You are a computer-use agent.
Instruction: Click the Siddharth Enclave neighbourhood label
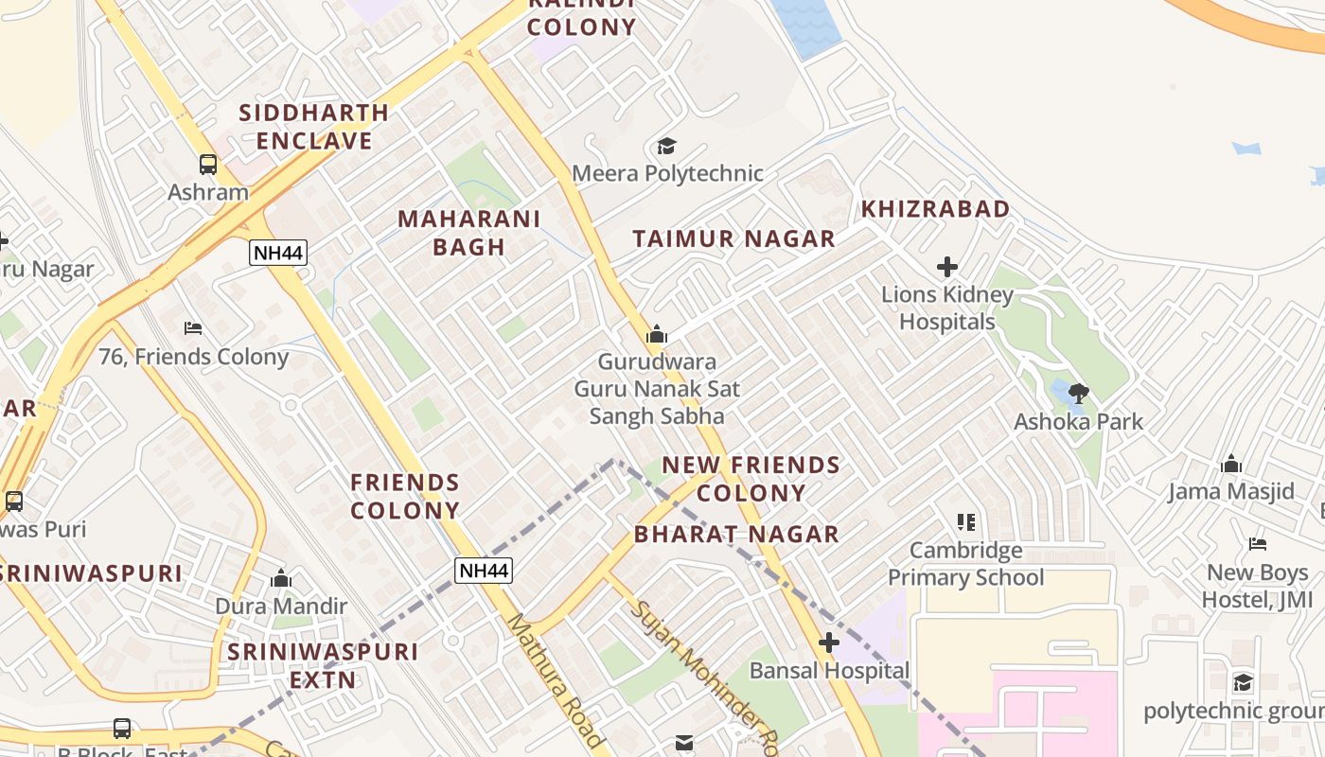point(313,127)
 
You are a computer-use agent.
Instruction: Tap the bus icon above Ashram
point(207,165)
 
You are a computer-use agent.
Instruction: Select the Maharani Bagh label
point(468,233)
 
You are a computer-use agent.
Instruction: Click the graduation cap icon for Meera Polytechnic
point(667,146)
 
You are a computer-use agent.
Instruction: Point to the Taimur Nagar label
point(734,239)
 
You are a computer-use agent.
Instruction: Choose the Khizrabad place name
point(935,209)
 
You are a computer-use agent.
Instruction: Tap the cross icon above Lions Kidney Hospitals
point(946,267)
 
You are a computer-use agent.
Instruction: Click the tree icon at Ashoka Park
point(1078,394)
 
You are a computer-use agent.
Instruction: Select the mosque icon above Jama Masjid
point(1230,464)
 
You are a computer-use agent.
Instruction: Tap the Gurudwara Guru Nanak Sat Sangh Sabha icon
point(656,334)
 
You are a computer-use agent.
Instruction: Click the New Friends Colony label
point(751,479)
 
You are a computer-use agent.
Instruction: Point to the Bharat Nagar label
point(736,535)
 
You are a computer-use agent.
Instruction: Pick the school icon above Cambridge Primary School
point(965,522)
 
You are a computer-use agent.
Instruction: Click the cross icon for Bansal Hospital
point(828,643)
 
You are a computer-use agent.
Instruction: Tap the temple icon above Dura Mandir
point(280,579)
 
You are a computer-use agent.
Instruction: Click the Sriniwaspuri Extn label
point(323,665)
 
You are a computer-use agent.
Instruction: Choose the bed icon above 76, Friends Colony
point(193,328)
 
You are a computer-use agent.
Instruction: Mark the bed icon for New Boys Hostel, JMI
point(1257,544)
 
